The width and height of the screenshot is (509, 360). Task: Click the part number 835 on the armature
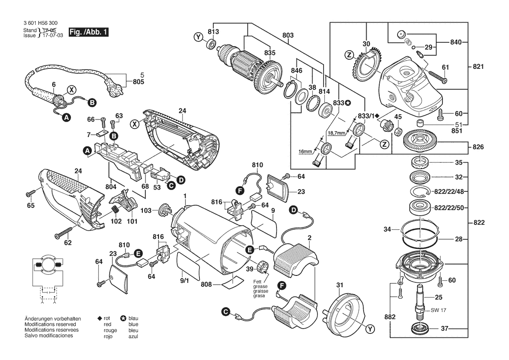[x=270, y=53]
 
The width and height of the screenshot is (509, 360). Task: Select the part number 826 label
[x=478, y=147]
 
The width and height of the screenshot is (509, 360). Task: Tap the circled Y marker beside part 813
[x=199, y=38]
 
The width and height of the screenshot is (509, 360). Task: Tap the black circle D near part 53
[x=180, y=179]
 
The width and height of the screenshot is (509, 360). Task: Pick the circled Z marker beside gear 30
[x=349, y=55]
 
